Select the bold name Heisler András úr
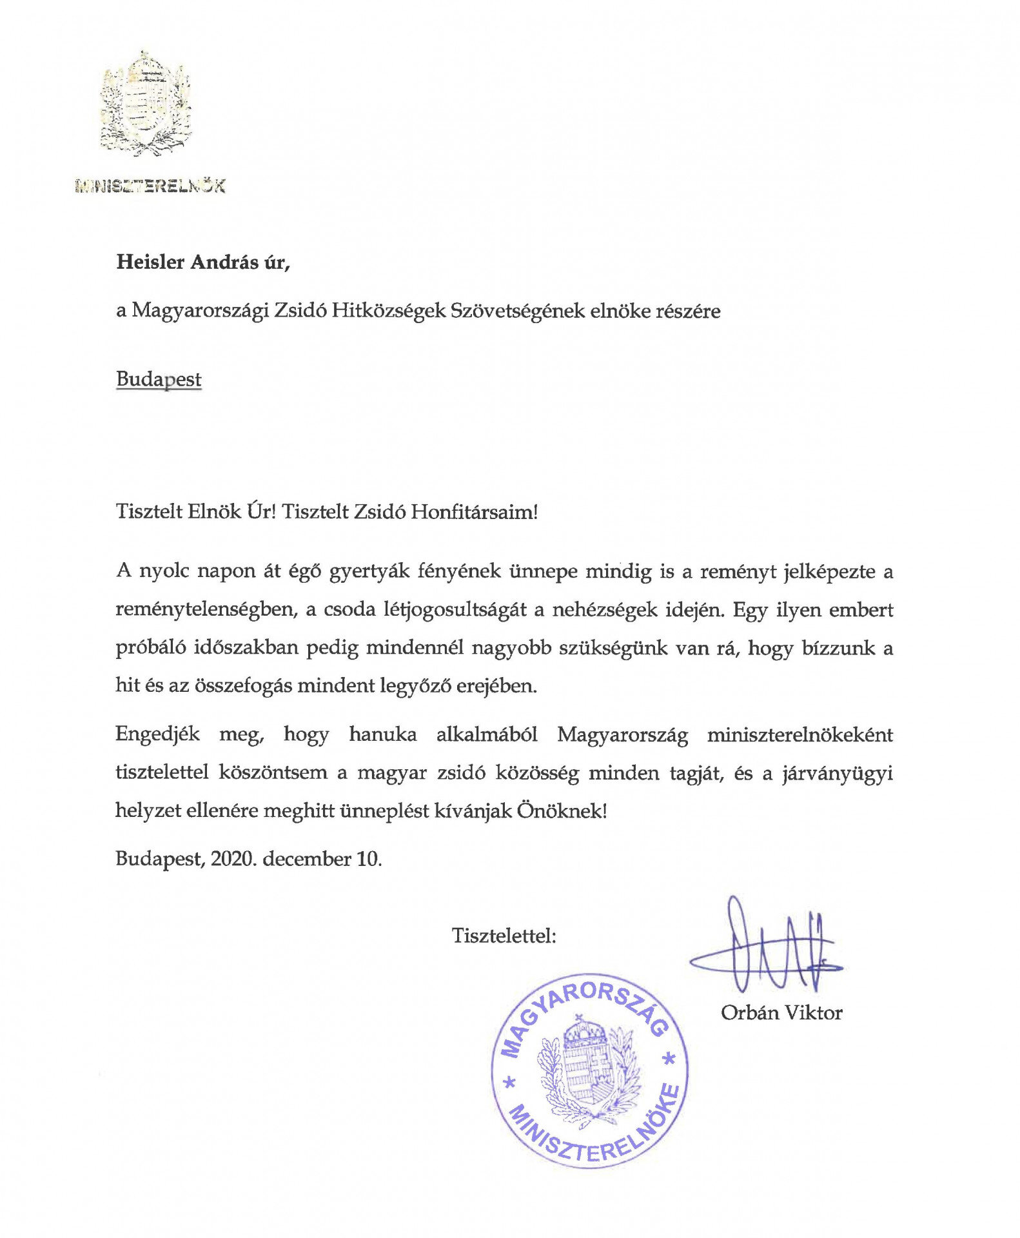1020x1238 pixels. [203, 262]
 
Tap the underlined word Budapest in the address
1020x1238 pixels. [159, 379]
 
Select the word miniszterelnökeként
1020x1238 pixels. [799, 734]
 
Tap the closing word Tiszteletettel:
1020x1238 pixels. [504, 935]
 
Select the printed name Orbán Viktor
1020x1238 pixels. [781, 1013]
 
